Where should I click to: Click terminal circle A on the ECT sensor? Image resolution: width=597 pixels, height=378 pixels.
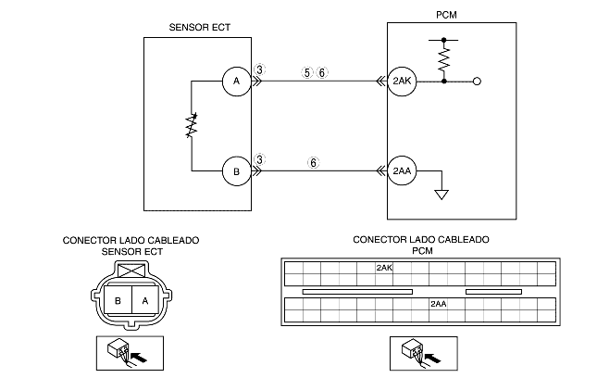pos(236,82)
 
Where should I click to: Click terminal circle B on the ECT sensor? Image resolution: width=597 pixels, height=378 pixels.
pos(236,171)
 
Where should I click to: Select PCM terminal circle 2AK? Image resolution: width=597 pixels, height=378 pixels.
pos(402,82)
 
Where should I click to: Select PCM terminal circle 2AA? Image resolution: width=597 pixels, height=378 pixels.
pos(402,171)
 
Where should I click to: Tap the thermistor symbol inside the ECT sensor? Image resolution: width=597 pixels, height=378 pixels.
pos(192,125)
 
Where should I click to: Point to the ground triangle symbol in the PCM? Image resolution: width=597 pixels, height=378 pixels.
pos(442,195)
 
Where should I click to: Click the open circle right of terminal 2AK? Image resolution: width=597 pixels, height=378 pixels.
pos(477,82)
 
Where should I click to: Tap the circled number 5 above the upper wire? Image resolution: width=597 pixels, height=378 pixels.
pos(307,72)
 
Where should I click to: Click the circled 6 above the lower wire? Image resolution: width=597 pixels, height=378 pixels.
pos(314,163)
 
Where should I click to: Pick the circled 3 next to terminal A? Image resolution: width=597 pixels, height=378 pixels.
pos(259,69)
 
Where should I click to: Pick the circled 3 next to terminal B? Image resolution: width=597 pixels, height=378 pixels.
pos(259,159)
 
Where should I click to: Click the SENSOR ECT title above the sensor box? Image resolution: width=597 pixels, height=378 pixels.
pos(200,28)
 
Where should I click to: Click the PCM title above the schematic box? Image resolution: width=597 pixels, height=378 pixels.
pos(446,15)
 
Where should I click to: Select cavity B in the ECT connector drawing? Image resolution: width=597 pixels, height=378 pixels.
pos(118,300)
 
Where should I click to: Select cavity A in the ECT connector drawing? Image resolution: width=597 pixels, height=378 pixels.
pos(145,300)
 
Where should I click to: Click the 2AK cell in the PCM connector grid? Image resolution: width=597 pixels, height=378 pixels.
pos(384,268)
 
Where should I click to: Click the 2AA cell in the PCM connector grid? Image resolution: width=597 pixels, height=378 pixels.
pos(438,304)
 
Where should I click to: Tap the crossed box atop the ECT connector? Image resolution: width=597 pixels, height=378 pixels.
pos(131,271)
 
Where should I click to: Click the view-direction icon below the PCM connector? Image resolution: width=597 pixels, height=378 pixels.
pos(423,353)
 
